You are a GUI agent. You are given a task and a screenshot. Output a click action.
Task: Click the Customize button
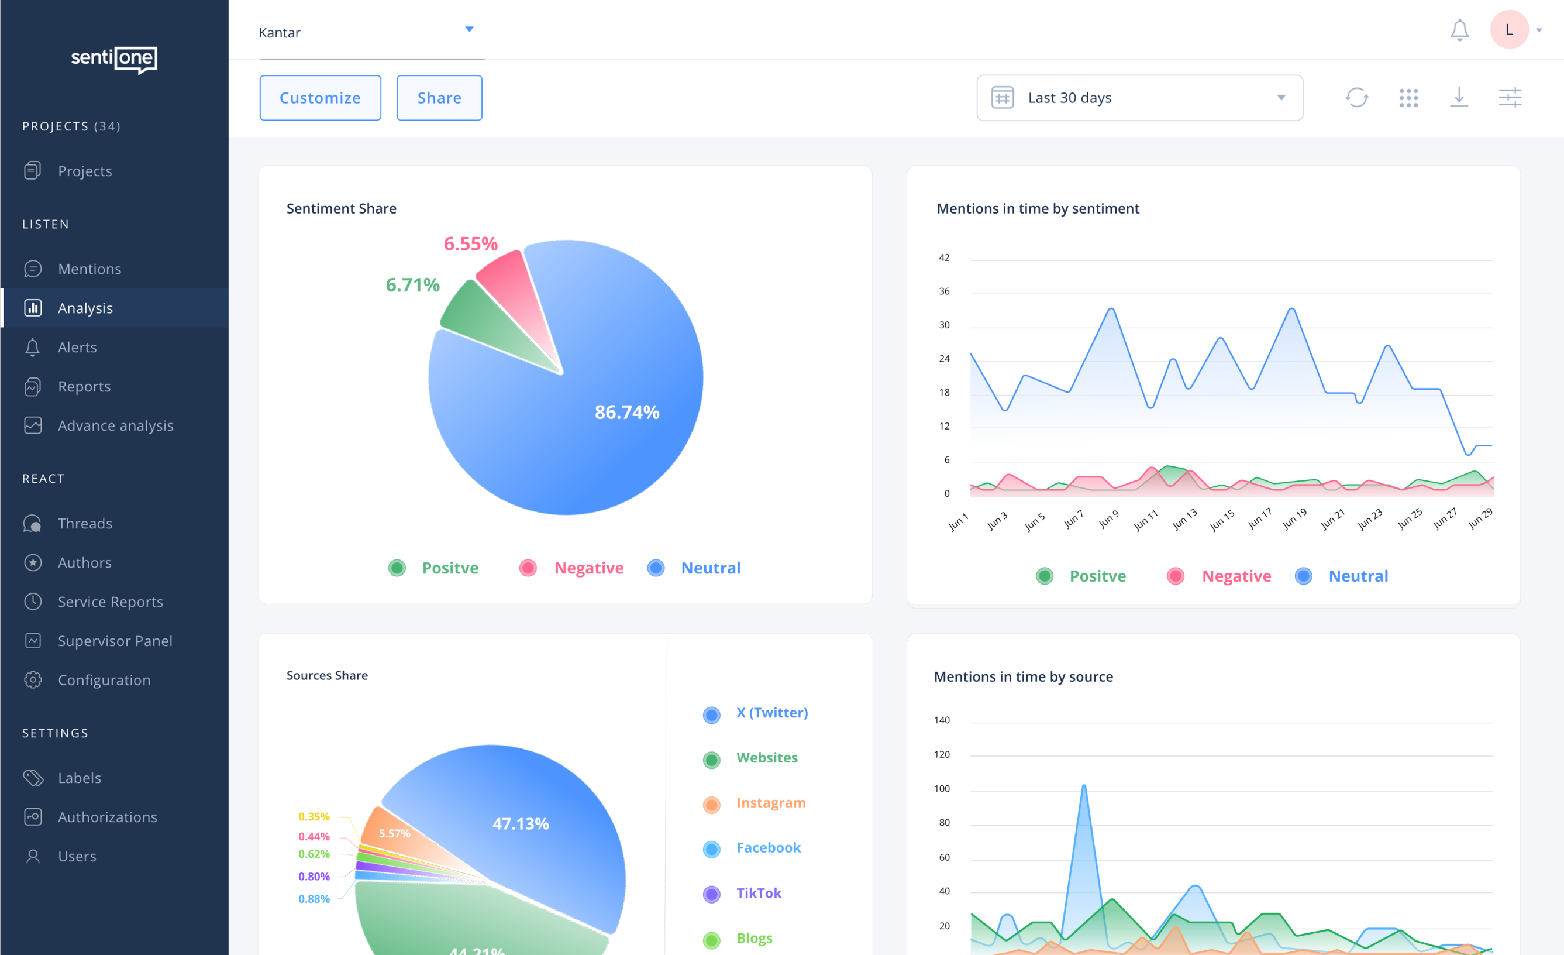click(320, 98)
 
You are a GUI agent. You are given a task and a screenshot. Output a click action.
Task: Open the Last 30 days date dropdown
click(1139, 98)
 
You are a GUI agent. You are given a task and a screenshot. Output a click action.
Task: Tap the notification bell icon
click(1459, 30)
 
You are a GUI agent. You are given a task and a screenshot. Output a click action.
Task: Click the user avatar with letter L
click(1509, 30)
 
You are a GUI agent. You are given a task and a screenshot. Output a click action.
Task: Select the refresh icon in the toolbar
click(1356, 98)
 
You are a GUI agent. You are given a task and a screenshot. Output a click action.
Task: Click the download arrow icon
click(1459, 98)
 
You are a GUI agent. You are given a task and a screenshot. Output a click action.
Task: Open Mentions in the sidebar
click(89, 269)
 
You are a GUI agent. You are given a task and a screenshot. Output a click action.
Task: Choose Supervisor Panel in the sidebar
click(114, 641)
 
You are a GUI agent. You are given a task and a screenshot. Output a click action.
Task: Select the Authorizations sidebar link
click(106, 817)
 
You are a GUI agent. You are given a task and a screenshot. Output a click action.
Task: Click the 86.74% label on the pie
click(626, 413)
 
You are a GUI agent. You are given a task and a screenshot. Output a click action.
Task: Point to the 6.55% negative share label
click(470, 244)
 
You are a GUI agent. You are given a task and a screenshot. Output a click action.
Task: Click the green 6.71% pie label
click(412, 285)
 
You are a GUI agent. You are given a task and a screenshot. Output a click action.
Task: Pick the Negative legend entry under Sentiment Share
click(588, 568)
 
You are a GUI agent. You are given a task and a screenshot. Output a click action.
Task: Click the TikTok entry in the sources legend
click(758, 894)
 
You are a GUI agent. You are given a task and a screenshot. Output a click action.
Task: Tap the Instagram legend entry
click(770, 803)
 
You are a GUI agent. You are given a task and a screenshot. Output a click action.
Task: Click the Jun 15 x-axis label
click(1222, 520)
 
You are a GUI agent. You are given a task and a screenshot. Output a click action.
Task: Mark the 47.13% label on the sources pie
click(521, 824)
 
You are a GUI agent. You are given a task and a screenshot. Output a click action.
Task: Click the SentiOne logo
click(114, 59)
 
